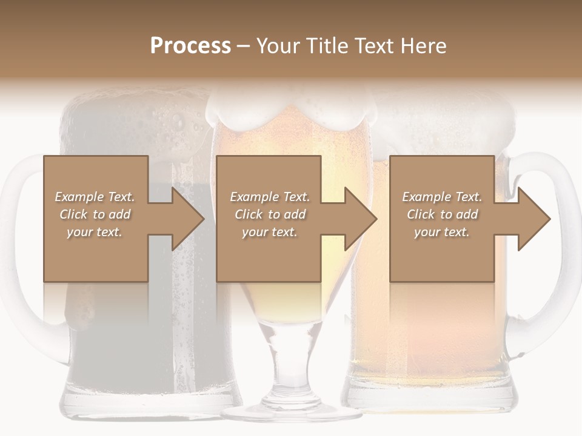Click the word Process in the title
[x=190, y=46]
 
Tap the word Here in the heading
[x=424, y=46]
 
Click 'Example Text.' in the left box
[x=95, y=197]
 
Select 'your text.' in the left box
[x=95, y=232]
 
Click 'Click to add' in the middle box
[x=270, y=214]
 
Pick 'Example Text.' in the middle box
[x=270, y=197]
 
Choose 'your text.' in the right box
[x=442, y=232]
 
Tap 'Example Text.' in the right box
[x=442, y=197]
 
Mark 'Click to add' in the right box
[x=442, y=214]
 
